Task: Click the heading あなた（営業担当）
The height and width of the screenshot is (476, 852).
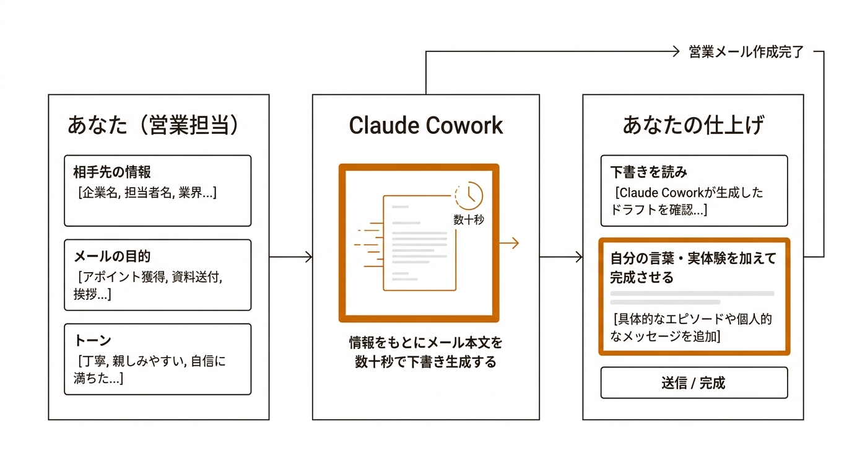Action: (152, 125)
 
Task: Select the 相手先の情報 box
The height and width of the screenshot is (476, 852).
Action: (157, 190)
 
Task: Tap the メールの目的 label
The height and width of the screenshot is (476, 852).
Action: (111, 256)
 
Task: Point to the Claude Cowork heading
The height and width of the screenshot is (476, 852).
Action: (425, 125)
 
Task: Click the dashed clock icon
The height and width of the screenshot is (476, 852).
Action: (469, 195)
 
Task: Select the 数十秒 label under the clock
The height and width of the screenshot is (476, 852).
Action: (469, 219)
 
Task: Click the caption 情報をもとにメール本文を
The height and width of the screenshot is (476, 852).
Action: (425, 342)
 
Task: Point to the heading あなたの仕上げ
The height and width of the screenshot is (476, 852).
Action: (693, 125)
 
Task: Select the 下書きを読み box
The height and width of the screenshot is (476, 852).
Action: (693, 190)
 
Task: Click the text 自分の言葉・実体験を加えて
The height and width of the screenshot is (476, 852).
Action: (693, 258)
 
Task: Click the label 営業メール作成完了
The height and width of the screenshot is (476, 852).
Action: (746, 53)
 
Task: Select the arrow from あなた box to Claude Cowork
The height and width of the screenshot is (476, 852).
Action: (290, 257)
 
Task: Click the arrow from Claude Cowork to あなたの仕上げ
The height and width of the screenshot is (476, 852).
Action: (561, 257)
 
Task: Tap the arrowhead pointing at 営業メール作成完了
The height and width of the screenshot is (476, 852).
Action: (676, 53)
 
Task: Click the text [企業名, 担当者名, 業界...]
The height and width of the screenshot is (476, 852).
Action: (147, 193)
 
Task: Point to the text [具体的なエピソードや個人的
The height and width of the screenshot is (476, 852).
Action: (692, 320)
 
